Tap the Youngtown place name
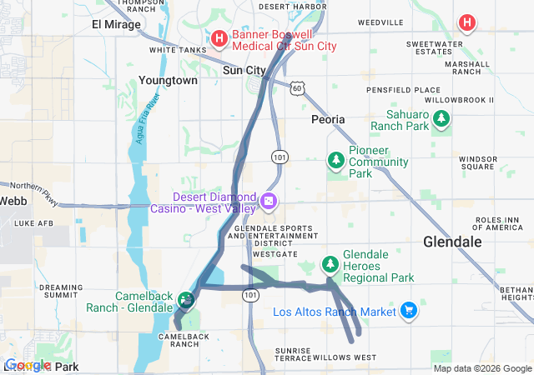168,81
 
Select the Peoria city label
328,119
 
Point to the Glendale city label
452,241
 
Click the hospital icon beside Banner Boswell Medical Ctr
219,37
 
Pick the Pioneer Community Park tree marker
335,159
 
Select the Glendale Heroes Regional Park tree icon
331,264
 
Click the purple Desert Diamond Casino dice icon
269,201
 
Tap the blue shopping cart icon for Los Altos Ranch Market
408,312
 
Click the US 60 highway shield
299,87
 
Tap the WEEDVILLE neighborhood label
380,22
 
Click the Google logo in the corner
28,365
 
